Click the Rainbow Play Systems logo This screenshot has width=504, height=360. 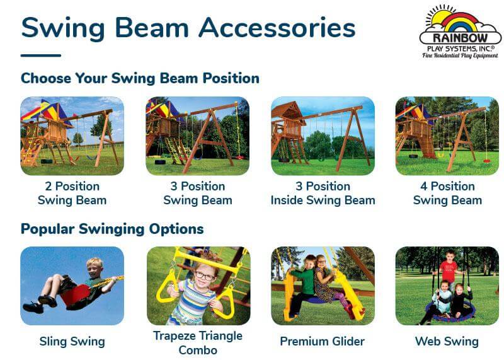tap(461, 32)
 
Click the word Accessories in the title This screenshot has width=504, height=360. tap(277, 28)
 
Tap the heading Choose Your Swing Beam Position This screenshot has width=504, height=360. tap(140, 78)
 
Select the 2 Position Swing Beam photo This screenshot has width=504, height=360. tap(72, 136)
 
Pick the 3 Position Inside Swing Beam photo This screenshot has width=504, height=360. tap(323, 136)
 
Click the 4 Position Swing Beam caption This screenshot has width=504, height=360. tap(447, 193)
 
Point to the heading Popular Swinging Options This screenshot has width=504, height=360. tap(112, 229)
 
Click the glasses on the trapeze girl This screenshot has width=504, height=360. tap(204, 276)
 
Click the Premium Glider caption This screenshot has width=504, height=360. tap(322, 341)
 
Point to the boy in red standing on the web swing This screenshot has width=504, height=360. tap(448, 268)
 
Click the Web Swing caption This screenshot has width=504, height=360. tap(447, 341)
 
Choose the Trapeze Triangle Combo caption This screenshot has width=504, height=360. tap(198, 342)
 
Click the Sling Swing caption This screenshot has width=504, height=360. tap(72, 341)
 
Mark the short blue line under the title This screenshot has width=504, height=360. tap(41, 55)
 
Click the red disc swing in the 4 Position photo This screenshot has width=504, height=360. tap(486, 161)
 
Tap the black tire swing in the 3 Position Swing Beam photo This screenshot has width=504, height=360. tap(160, 162)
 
